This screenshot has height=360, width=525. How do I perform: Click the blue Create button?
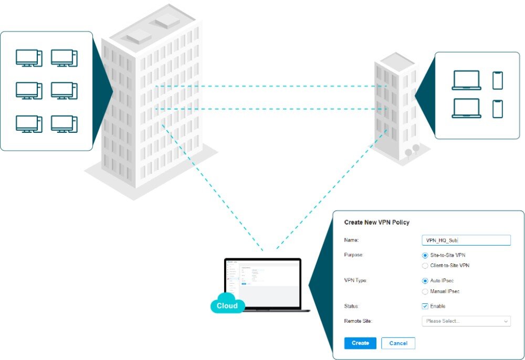point(360,343)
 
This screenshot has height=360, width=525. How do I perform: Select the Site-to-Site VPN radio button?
point(425,255)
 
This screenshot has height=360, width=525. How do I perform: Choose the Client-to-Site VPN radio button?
point(425,266)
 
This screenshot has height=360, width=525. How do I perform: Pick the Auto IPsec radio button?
point(425,281)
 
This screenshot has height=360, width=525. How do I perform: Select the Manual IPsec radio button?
point(425,291)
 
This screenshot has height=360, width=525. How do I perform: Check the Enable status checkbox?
point(425,306)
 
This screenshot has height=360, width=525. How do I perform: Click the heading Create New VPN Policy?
point(376,223)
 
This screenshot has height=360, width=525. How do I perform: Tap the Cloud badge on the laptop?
point(227,305)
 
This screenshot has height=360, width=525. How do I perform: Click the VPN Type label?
point(355,281)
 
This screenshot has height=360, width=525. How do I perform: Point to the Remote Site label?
point(358,321)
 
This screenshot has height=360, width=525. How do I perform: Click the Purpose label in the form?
point(353,255)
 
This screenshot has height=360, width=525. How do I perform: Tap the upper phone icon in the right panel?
point(497,80)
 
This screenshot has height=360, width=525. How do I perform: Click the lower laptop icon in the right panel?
point(466,108)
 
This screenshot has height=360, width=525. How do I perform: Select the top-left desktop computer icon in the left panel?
point(29,58)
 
